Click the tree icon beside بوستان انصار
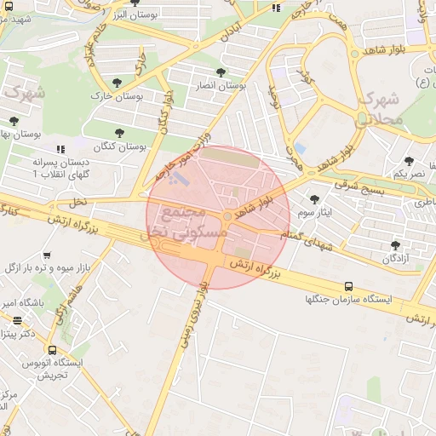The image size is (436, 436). point(221,72)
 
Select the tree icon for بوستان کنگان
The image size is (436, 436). point(118,132)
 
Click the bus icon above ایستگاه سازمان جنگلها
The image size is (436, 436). point(347,286)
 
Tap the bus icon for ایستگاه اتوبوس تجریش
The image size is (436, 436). point(53,349)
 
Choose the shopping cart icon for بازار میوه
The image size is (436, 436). point(46,255)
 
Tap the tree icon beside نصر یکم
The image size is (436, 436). point(410,160)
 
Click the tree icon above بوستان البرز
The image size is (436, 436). point(135,3)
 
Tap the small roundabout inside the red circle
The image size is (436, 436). point(227,216)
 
